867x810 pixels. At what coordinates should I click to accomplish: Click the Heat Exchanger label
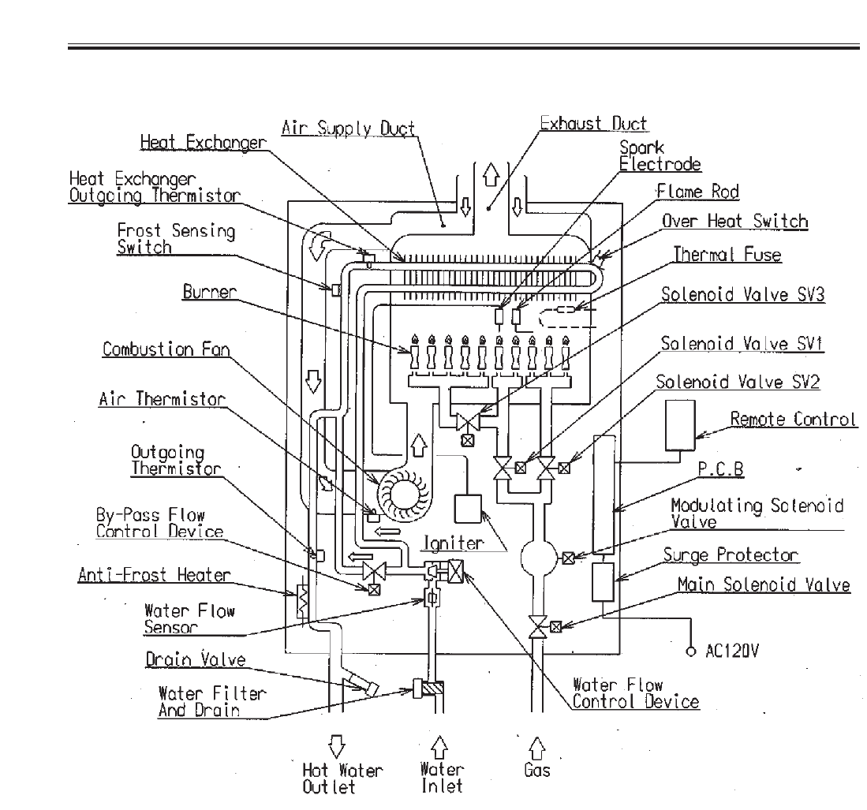203,142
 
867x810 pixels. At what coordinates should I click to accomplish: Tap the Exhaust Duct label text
593,123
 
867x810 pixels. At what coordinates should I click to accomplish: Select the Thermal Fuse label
727,254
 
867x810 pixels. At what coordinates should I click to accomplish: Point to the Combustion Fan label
166,349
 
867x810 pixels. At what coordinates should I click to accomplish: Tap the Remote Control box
680,424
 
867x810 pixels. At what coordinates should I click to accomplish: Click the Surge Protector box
603,582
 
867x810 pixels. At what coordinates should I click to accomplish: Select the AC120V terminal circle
690,652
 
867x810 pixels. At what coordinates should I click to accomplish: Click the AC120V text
732,651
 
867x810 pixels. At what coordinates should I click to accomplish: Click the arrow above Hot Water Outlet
336,746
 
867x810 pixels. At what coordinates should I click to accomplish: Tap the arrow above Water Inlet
439,746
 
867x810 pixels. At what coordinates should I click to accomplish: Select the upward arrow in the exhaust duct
491,174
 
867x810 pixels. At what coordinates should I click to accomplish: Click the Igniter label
453,543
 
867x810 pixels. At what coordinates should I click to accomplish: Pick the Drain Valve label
196,659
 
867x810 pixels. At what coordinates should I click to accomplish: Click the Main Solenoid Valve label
764,584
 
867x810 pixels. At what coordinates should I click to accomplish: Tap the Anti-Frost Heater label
155,574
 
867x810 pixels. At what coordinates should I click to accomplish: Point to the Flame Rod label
698,192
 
